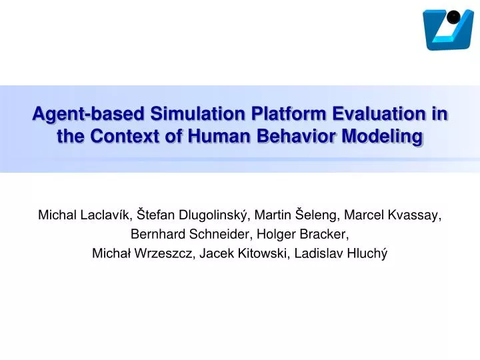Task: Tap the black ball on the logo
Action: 453,17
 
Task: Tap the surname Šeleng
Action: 324,215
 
